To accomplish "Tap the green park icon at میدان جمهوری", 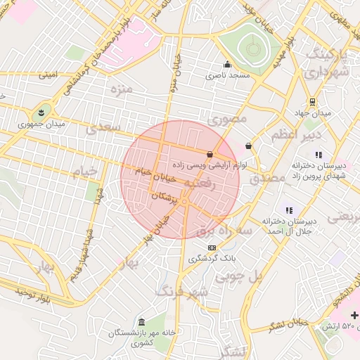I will point(41,112).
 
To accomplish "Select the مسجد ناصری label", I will point(227,75).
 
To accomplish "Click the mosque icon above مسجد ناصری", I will point(227,65).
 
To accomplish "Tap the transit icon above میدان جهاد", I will point(312,102).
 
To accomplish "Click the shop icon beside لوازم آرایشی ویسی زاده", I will point(210,153).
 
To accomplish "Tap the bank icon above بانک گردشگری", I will point(212,247).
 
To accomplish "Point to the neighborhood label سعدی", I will point(103,129).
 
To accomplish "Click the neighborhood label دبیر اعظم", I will point(304,134).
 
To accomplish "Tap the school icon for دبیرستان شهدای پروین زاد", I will point(318,154).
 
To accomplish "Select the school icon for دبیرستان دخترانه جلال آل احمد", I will point(288,210).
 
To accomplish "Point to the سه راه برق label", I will point(224,230).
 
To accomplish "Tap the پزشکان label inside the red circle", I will point(167,196).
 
